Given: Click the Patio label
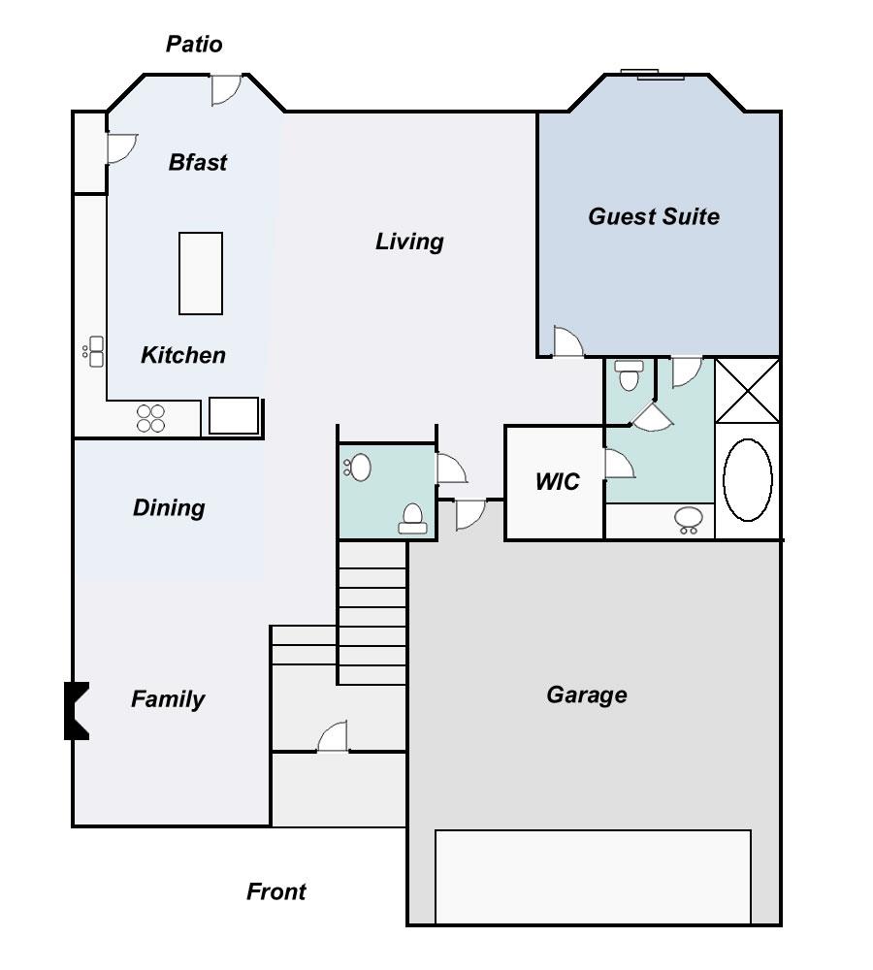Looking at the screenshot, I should click(194, 45).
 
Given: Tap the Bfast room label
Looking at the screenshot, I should click(198, 162).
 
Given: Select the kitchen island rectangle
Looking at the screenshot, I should click(201, 274).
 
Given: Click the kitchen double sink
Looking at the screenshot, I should click(95, 351).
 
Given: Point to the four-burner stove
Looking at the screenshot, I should click(151, 418).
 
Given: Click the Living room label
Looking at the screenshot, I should click(409, 241).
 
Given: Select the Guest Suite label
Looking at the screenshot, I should click(654, 216).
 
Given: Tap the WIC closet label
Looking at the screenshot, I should click(558, 481).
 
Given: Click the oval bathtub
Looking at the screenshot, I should click(748, 479).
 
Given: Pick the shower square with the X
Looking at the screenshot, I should click(748, 390).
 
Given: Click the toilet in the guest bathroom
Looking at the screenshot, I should click(630, 374).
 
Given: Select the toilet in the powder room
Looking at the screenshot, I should click(413, 519).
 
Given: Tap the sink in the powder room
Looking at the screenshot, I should click(359, 468).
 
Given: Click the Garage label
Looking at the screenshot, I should click(587, 695).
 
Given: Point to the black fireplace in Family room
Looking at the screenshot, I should click(77, 711).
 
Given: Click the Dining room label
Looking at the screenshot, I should click(169, 507).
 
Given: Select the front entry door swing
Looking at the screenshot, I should click(333, 738).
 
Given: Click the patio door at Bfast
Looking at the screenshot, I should click(226, 89).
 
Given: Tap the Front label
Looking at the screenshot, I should click(276, 891).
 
